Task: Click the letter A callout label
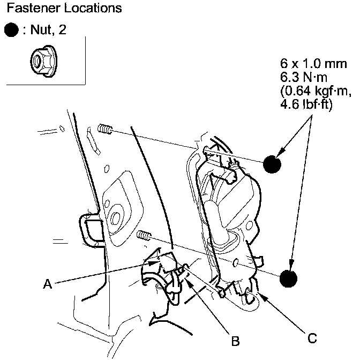coord(48,284)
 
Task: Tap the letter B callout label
coord(235,341)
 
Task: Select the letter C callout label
coord(312,338)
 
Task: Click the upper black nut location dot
coord(272,164)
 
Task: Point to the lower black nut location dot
coord(288,278)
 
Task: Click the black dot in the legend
coord(11,30)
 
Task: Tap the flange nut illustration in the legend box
coord(43,61)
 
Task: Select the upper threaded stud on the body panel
coord(105,129)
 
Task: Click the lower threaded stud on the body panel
coord(144,236)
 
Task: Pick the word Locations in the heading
coord(93,8)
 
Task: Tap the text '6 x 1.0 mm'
coord(313,64)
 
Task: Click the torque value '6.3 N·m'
coord(304,77)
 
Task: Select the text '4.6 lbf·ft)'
coord(306,104)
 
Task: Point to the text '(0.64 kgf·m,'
coord(316,91)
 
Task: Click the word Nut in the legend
coord(41,30)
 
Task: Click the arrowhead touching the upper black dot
coord(281,153)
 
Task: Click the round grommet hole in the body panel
coord(116,218)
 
